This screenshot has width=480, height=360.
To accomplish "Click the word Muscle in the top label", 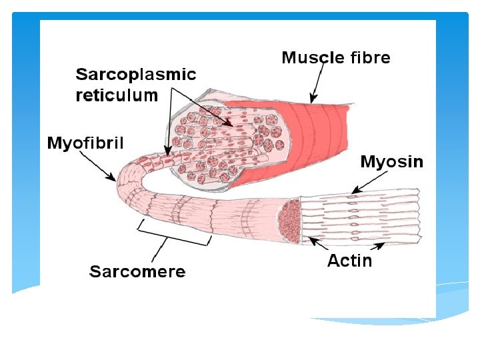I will pyautogui.click(x=311, y=57).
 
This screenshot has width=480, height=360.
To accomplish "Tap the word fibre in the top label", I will pyautogui.click(x=367, y=57).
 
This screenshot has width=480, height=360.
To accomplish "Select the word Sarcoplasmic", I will pyautogui.click(x=136, y=74).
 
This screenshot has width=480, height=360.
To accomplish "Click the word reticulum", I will pyautogui.click(x=117, y=95).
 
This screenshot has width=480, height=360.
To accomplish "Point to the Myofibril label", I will pyautogui.click(x=85, y=143).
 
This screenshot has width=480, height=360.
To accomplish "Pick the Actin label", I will pyautogui.click(x=349, y=261).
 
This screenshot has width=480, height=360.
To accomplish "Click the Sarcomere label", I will pyautogui.click(x=138, y=271).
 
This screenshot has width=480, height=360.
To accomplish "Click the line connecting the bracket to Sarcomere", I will pyautogui.click(x=159, y=249).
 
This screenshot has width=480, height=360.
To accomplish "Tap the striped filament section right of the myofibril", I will pyautogui.click(x=360, y=215).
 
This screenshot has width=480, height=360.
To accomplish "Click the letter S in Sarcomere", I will pyautogui.click(x=95, y=271).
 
